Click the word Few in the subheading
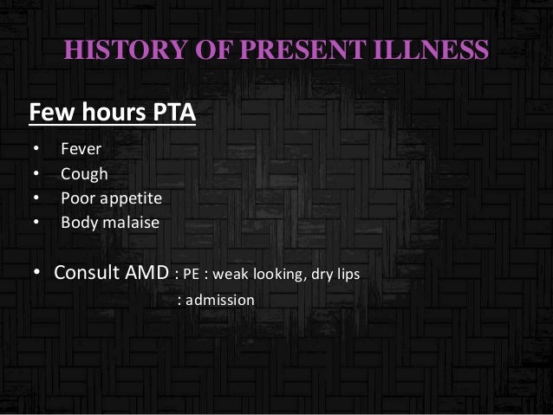(49, 113)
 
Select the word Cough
(84, 174)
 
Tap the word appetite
(130, 199)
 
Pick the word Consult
(87, 273)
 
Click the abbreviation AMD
(146, 273)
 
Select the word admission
(223, 301)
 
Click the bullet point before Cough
(36, 175)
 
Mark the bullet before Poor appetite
(36, 199)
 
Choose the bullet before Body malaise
(36, 224)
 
